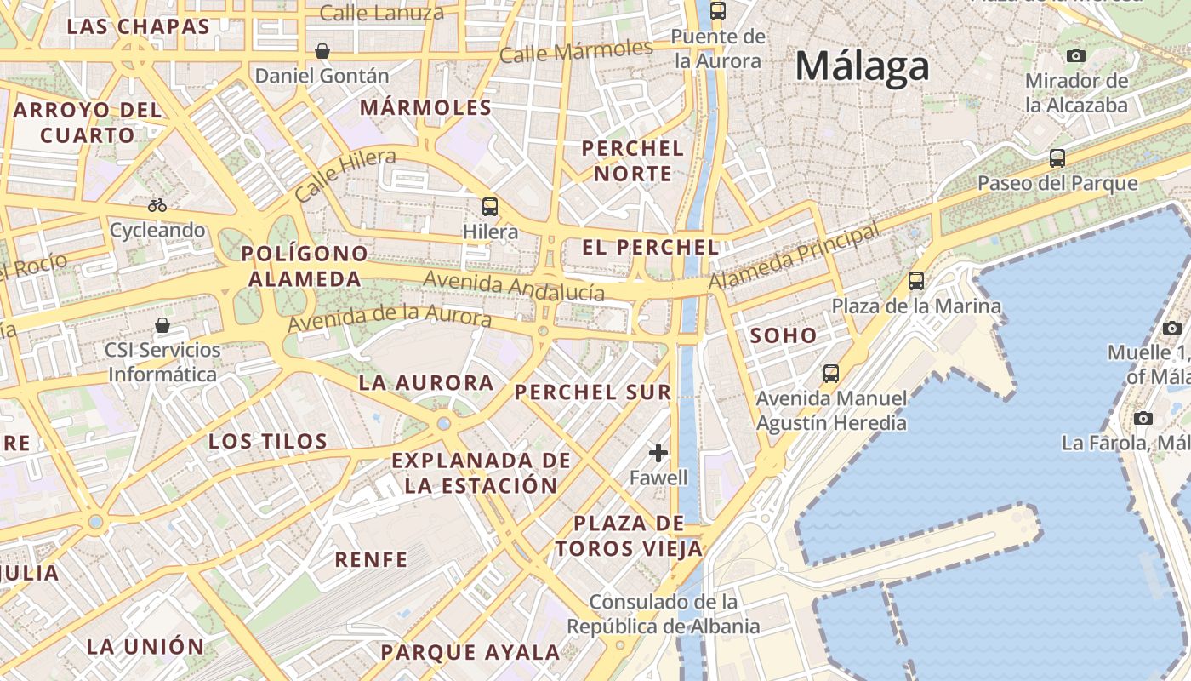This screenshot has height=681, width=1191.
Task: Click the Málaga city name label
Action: point(862,67)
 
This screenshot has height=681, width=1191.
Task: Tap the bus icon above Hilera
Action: point(490,206)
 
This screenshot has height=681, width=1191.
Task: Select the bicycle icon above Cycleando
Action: point(157,205)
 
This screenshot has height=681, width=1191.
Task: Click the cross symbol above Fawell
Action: point(658,453)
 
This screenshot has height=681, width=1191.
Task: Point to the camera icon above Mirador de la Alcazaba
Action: point(1076,56)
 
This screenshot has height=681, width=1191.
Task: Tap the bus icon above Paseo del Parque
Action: point(1057,158)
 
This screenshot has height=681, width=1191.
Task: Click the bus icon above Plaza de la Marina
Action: point(916,281)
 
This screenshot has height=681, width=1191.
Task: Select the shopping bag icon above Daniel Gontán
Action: point(322,51)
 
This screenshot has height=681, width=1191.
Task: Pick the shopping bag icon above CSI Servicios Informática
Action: point(162,325)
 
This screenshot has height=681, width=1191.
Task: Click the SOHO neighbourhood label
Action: point(784,335)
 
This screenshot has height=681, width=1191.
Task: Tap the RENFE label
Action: point(371,559)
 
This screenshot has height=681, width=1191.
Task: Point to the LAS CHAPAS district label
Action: point(138,26)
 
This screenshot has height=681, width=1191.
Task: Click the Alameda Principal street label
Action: point(794,255)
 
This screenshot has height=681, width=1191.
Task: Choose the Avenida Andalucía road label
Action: point(514,286)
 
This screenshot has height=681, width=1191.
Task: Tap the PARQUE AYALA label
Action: point(470,653)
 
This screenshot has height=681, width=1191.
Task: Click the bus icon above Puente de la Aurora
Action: point(718,11)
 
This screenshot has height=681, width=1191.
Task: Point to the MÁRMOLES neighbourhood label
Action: point(425,108)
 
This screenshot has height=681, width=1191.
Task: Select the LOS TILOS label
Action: point(268,441)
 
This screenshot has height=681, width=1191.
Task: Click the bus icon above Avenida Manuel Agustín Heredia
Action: point(831,373)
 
